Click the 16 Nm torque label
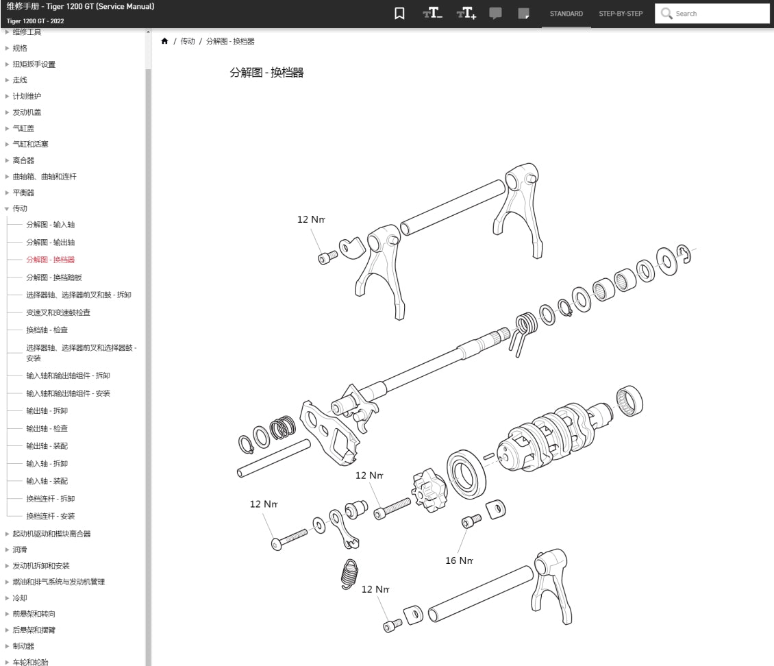[x=459, y=560]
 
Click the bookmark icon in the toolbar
[x=399, y=14]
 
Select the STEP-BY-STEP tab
[x=621, y=14]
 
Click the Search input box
[x=719, y=14]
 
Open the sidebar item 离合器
[x=23, y=160]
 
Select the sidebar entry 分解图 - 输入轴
[x=51, y=225]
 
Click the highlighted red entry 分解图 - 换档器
[x=51, y=260]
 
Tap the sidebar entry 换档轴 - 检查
[x=47, y=330]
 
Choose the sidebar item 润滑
[x=20, y=550]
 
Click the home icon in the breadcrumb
[x=164, y=42]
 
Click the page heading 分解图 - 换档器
[x=266, y=73]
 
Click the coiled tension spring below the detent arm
[x=349, y=573]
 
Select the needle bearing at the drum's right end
[x=629, y=402]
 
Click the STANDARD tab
[x=566, y=14]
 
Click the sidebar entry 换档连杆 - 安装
[x=51, y=516]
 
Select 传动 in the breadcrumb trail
[x=188, y=42]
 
